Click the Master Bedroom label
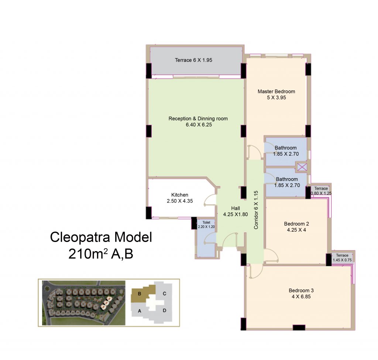276,91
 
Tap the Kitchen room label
180,195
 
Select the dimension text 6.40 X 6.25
199,125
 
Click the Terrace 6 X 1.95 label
193,60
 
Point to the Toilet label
206,222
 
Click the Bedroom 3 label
301,291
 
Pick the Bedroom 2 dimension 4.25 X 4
296,230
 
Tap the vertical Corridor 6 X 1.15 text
256,210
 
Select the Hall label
236,208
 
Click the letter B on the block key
139,294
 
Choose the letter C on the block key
164,294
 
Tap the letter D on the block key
164,310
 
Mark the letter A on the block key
139,311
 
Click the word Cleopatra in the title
80,238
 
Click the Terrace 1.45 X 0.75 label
342,257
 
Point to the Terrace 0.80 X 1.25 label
321,191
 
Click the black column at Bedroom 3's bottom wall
299,328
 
